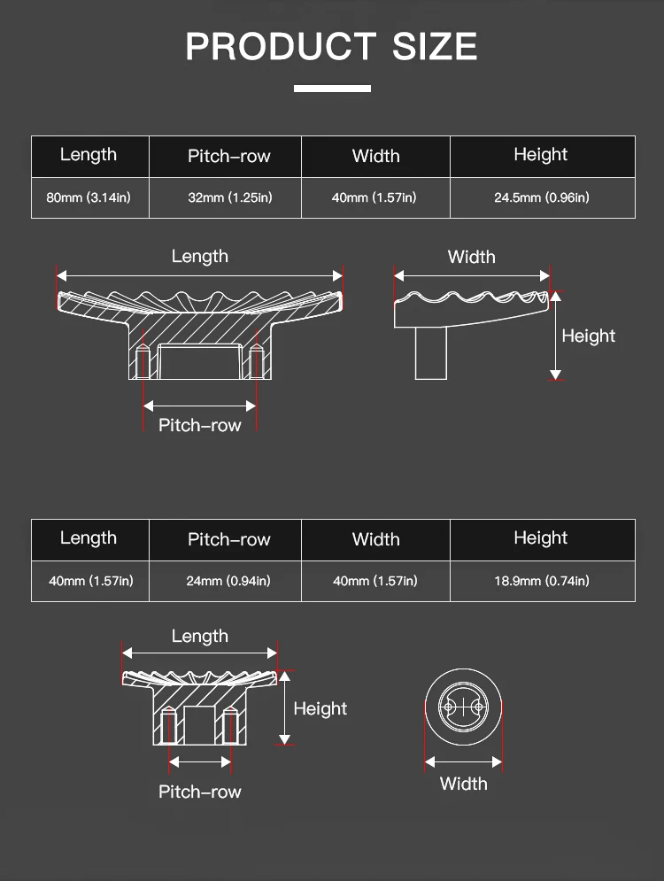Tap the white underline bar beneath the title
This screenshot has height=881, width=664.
pyautogui.click(x=332, y=89)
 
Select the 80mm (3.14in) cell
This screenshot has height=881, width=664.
pyautogui.click(x=89, y=197)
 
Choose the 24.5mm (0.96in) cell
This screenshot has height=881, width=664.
pyautogui.click(x=541, y=197)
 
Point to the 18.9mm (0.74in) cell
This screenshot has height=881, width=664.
pyautogui.click(x=541, y=581)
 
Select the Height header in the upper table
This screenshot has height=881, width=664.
pyautogui.click(x=541, y=155)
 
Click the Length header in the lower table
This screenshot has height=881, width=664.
pyautogui.click(x=89, y=538)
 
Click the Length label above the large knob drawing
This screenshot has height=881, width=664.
pyautogui.click(x=200, y=257)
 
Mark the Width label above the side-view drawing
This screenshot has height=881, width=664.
pyautogui.click(x=472, y=258)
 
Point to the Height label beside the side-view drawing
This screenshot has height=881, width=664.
pyautogui.click(x=589, y=336)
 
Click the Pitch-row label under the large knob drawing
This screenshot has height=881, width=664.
pyautogui.click(x=200, y=426)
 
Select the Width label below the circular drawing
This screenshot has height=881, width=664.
pyautogui.click(x=464, y=784)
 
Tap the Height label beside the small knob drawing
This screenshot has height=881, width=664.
pyautogui.click(x=320, y=709)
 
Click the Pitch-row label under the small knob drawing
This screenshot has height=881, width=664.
pyautogui.click(x=200, y=792)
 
